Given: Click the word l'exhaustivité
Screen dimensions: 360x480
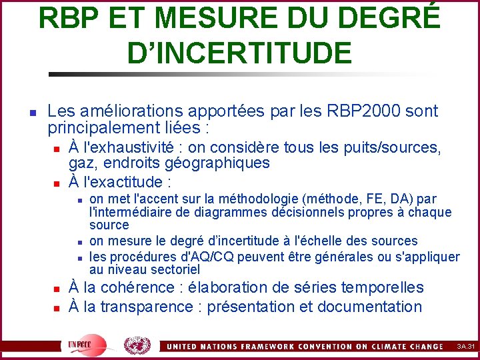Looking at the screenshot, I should tap(131, 147).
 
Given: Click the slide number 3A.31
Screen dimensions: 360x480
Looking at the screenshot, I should tap(466, 347).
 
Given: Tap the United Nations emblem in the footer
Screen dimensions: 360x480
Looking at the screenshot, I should tap(137, 346).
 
